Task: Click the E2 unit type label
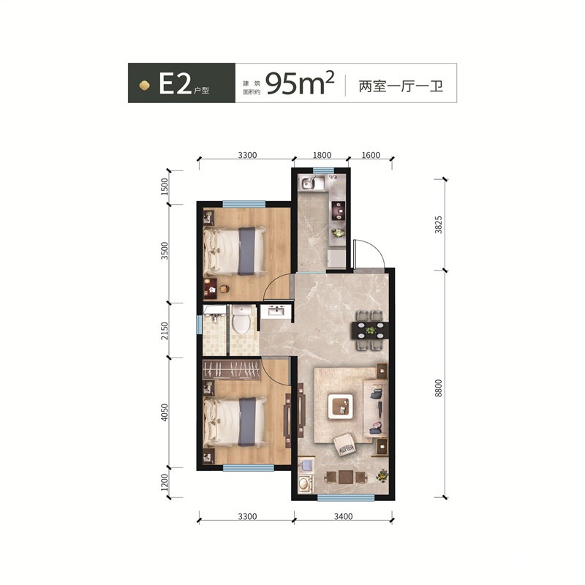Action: [x=175, y=83]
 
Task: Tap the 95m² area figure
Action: [x=299, y=83]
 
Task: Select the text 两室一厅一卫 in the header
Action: [x=401, y=86]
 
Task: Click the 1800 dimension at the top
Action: [x=322, y=155]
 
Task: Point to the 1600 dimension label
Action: [x=371, y=155]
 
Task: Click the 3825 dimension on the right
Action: [x=438, y=224]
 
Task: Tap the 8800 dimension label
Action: [x=438, y=388]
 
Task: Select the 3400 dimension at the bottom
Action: [x=343, y=516]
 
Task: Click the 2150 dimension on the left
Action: [x=165, y=331]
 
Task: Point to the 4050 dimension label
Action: [x=165, y=412]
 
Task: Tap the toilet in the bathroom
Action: [x=241, y=320]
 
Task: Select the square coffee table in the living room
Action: [x=341, y=407]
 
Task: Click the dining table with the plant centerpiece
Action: [x=371, y=331]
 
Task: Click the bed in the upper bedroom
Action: [x=235, y=251]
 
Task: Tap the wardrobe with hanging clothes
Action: [x=231, y=370]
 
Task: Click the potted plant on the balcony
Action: [x=382, y=475]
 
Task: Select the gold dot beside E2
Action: [x=144, y=86]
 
